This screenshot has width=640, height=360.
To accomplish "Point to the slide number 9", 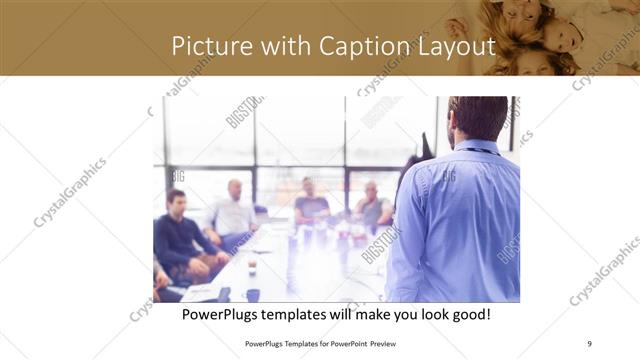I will click(589, 343).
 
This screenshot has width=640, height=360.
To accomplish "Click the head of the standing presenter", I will click(477, 118).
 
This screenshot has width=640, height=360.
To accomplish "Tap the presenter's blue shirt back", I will click(460, 220).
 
